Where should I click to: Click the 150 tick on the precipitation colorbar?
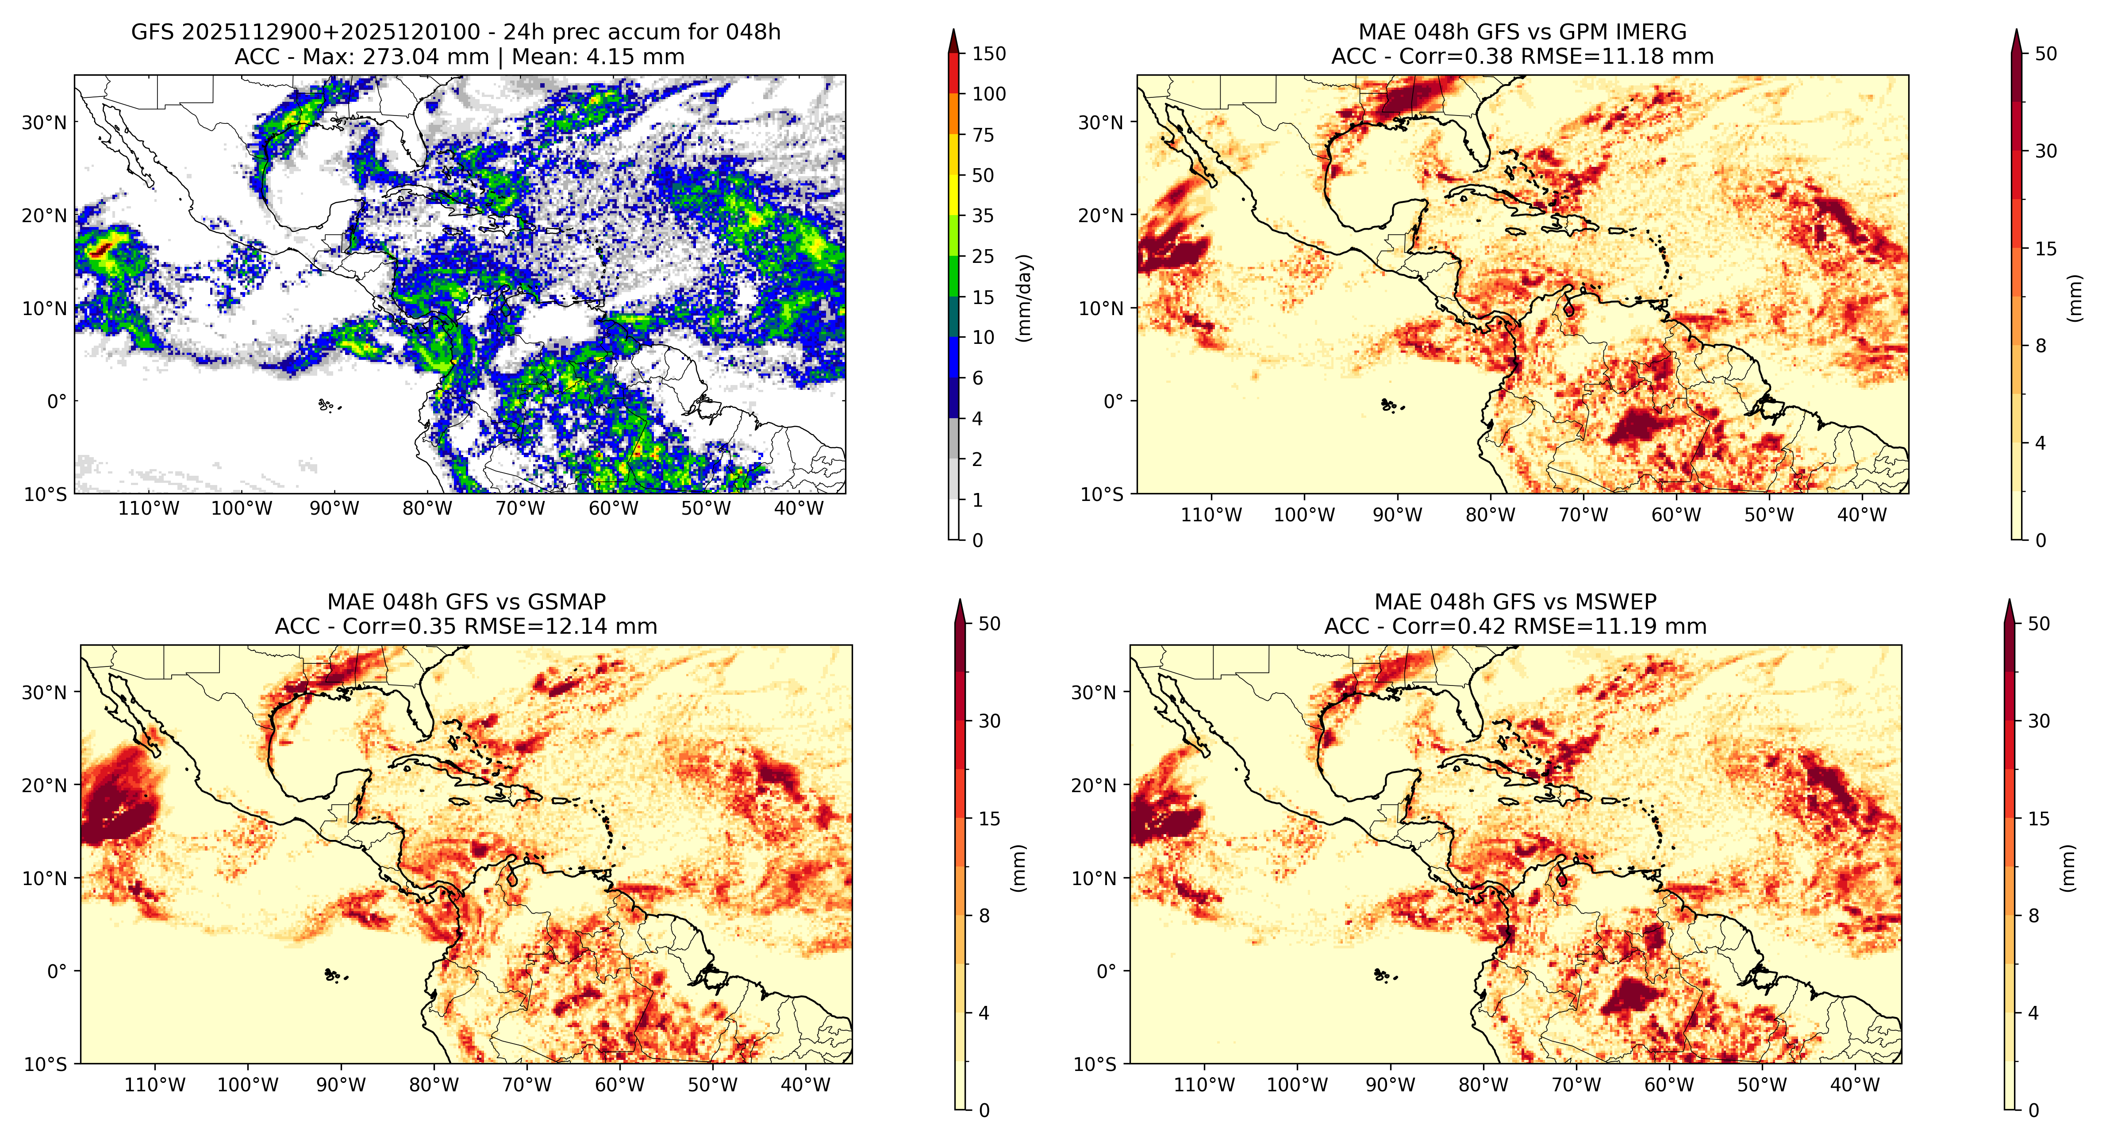pyautogui.click(x=988, y=54)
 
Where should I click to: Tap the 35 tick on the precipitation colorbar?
pyautogui.click(x=983, y=216)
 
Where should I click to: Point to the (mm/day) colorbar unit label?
pyautogui.click(x=1023, y=298)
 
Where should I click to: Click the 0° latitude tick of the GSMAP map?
pyautogui.click(x=57, y=971)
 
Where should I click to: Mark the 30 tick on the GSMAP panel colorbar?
pyautogui.click(x=990, y=721)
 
